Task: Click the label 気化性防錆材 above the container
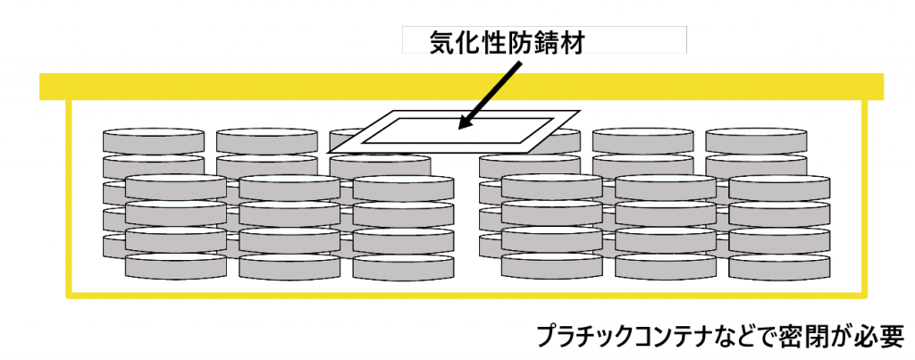point(507,42)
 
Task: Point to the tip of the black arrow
point(458,129)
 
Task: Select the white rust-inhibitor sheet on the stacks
point(454,132)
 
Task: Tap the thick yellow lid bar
point(462,87)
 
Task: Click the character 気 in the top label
point(441,42)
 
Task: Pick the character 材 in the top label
point(572,42)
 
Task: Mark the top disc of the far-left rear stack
point(154,140)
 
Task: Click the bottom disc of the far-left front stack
point(176,266)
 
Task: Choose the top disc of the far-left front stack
point(176,187)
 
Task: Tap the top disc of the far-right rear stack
point(756,140)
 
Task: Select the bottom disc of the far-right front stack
point(779,266)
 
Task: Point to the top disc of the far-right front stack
point(779,187)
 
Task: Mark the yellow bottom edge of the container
point(466,295)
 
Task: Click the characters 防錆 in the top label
point(533,42)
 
